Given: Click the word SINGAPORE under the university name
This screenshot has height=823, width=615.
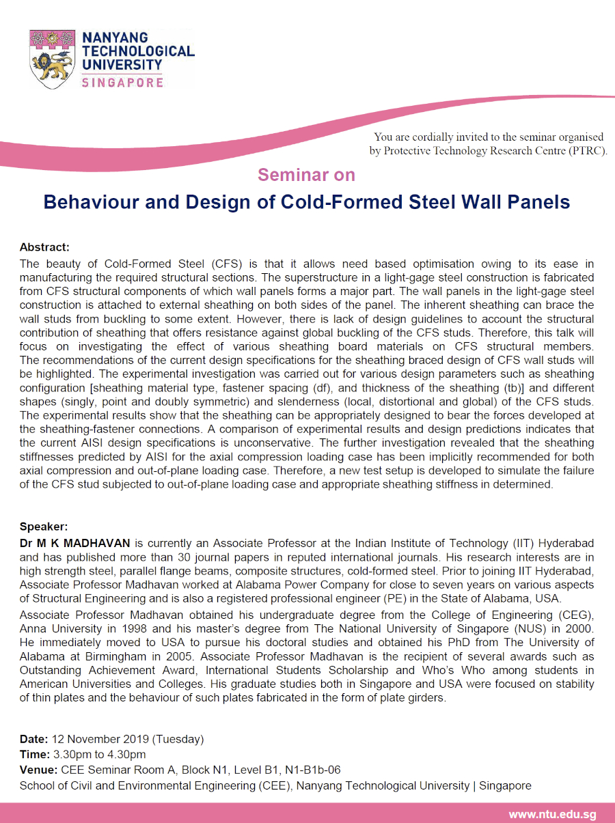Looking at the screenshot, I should (122, 83).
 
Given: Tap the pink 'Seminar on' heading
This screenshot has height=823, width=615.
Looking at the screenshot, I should (306, 175).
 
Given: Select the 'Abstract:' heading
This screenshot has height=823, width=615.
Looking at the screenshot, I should (44, 247).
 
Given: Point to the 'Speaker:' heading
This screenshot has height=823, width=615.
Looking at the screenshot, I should (44, 527).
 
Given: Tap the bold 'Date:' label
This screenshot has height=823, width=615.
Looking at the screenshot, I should (33, 739).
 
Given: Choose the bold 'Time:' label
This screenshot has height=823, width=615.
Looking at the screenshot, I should (33, 754).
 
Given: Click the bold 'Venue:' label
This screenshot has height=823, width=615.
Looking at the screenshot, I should (38, 770).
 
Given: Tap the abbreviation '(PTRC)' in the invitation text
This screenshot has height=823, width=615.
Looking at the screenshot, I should (586, 151).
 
